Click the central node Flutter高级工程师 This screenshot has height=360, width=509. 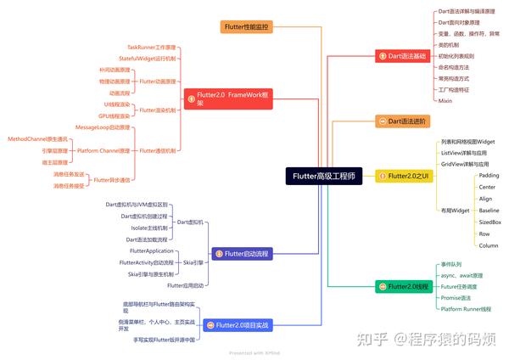click(324, 177)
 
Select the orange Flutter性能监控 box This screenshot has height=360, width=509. click(247, 26)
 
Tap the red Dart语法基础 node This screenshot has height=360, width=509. click(406, 56)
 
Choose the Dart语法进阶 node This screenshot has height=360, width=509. click(406, 122)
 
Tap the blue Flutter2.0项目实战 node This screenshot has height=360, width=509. click(243, 324)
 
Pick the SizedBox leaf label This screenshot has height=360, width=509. click(489, 222)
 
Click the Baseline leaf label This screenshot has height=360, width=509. click(489, 210)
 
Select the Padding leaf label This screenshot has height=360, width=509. click(489, 175)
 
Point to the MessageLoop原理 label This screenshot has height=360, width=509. click(103, 127)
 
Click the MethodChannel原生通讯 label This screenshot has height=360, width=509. click(37, 138)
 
